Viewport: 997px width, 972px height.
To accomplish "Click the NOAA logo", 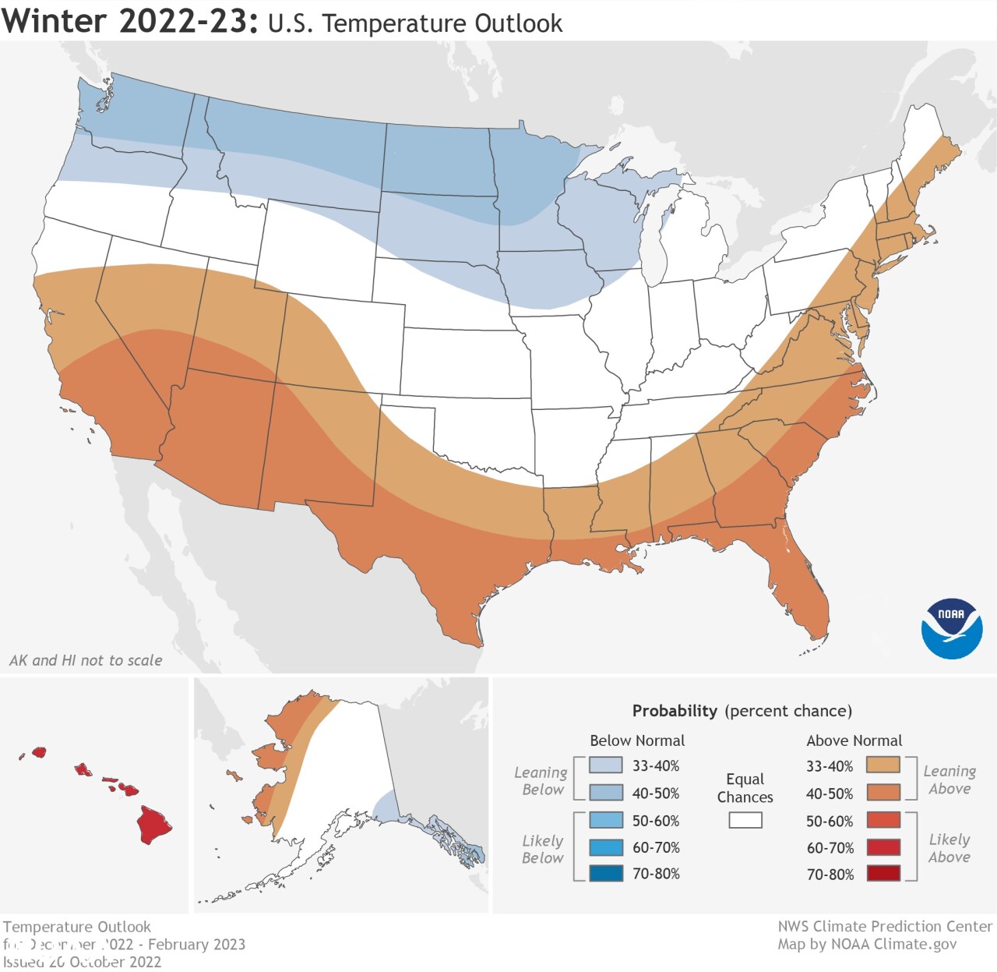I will click(x=951, y=628).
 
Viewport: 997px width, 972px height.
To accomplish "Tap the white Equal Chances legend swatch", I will click(x=745, y=820).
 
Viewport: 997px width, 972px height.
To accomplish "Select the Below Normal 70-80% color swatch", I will click(x=606, y=873).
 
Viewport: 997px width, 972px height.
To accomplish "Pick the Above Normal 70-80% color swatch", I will click(x=883, y=873).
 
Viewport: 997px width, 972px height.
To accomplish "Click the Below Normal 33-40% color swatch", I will click(x=606, y=765).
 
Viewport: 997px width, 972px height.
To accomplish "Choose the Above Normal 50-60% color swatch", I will click(x=883, y=820).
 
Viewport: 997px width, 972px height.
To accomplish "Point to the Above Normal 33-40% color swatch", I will click(x=883, y=765).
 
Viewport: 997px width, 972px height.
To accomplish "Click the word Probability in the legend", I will click(x=674, y=711).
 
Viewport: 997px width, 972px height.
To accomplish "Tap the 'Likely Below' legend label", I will click(x=542, y=849).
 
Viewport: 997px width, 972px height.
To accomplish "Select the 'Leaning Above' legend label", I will click(x=949, y=779).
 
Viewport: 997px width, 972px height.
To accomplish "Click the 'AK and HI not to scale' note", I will click(x=86, y=660).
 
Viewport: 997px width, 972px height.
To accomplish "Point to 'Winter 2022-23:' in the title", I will click(x=130, y=21).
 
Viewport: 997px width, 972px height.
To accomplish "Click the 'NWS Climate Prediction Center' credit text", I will click(x=885, y=926).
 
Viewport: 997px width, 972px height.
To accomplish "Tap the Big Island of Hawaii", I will click(x=154, y=825).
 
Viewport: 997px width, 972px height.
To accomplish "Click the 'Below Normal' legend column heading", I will click(x=637, y=740).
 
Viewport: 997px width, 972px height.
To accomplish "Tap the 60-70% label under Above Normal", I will click(x=830, y=848).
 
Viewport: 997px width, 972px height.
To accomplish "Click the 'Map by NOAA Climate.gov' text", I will click(x=867, y=944).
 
